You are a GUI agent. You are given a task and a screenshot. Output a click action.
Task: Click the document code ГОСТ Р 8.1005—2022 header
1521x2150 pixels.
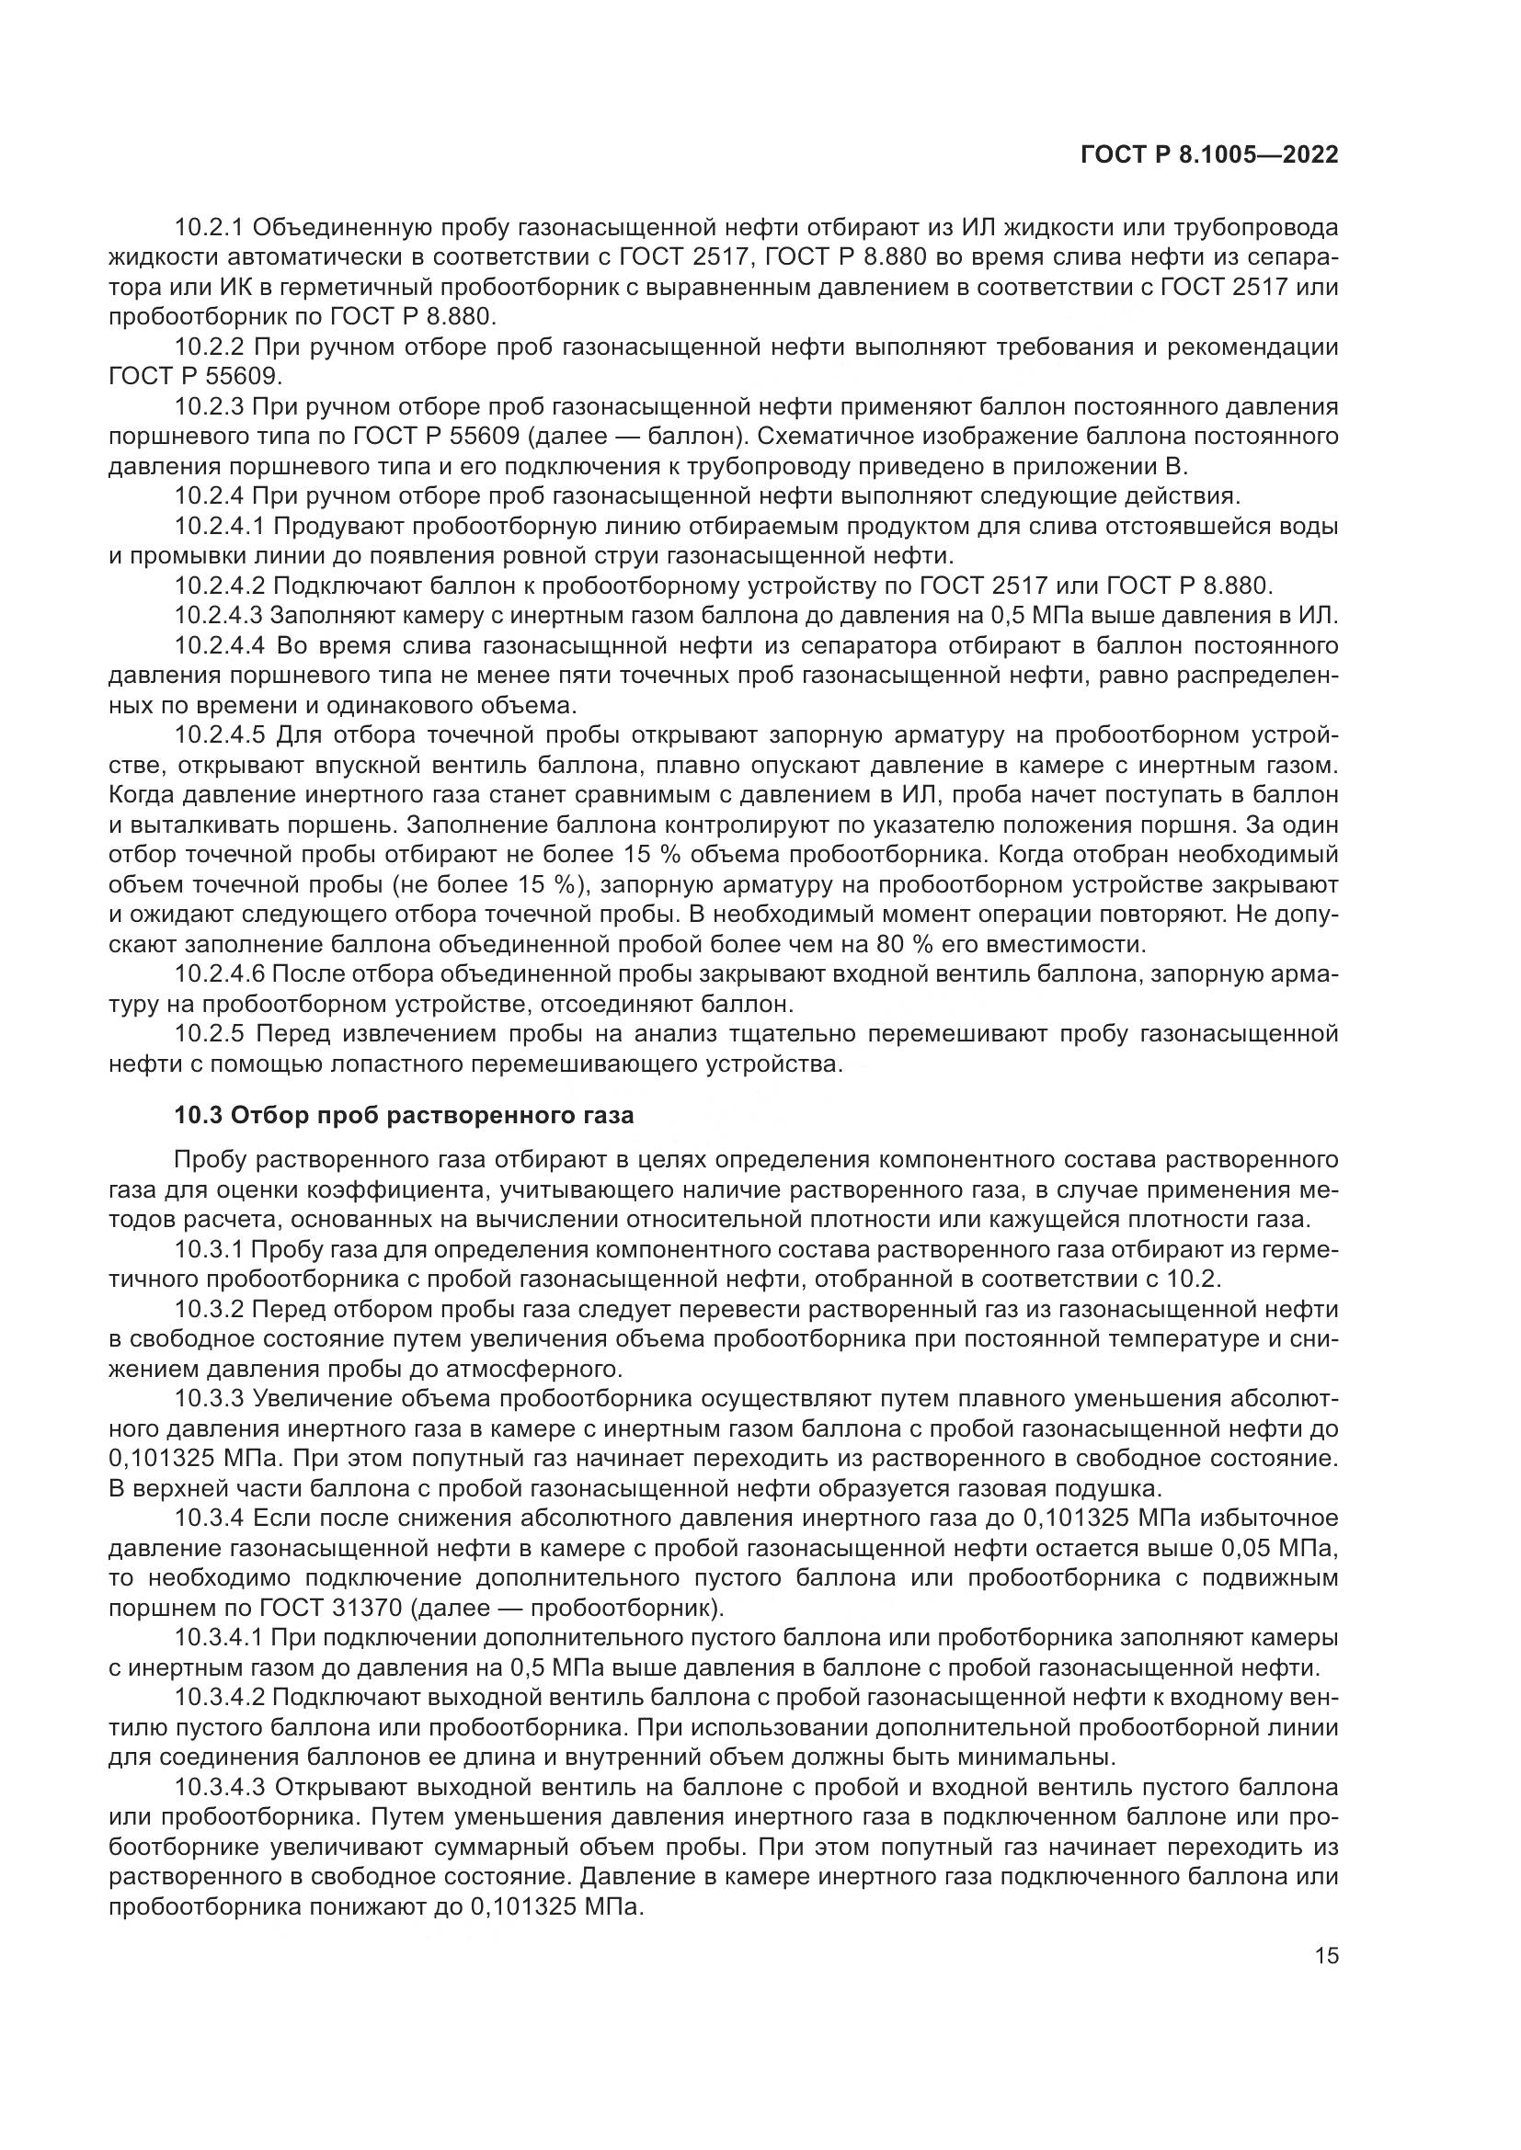coord(1209,154)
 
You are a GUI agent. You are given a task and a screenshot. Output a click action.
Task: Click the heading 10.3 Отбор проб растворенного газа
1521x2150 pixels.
coord(404,1115)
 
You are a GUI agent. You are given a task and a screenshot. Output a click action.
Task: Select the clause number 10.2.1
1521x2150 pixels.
coord(209,228)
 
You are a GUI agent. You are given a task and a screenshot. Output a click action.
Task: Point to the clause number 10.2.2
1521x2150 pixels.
coord(209,347)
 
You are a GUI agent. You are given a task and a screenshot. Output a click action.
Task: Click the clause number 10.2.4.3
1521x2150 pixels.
coord(220,616)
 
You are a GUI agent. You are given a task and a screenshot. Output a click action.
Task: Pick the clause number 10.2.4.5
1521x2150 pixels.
coord(220,735)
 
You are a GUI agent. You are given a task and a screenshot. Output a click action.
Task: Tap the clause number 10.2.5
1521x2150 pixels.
coord(209,1034)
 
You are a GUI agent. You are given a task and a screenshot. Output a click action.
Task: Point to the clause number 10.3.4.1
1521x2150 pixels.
coord(220,1638)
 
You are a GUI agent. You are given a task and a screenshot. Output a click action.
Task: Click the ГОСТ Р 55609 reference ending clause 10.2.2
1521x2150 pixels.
coord(194,377)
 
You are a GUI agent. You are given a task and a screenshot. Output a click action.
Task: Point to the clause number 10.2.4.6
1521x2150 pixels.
coord(220,973)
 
